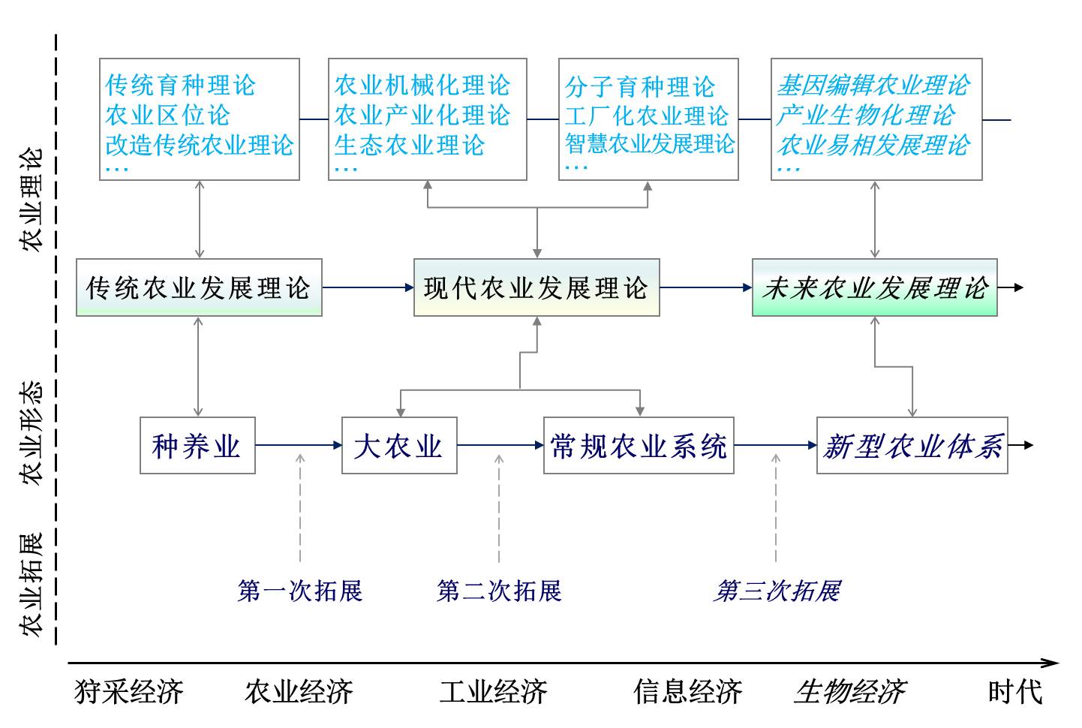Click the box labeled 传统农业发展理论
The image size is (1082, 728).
click(x=199, y=287)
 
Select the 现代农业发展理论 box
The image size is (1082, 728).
click(x=536, y=287)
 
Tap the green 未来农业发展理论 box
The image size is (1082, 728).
click(x=874, y=287)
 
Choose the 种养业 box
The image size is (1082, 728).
click(x=197, y=446)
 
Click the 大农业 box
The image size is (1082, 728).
click(x=399, y=446)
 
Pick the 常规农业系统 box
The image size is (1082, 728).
click(x=639, y=446)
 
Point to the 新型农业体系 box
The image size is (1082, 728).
click(x=912, y=446)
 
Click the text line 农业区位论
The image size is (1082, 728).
click(x=167, y=115)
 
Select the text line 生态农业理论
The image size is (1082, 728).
click(x=410, y=144)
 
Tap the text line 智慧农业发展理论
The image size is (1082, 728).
click(x=650, y=143)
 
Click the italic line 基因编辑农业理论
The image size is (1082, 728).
click(x=873, y=85)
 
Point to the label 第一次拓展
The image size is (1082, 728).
click(x=300, y=591)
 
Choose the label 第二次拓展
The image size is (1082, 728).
click(x=499, y=591)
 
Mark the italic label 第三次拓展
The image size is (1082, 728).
click(x=777, y=591)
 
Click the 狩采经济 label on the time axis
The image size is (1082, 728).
click(x=128, y=691)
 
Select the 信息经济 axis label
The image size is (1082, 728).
click(x=687, y=691)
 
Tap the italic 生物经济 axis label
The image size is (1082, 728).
click(x=849, y=691)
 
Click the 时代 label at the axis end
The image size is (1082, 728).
click(x=1014, y=691)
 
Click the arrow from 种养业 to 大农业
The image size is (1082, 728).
click(x=299, y=445)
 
